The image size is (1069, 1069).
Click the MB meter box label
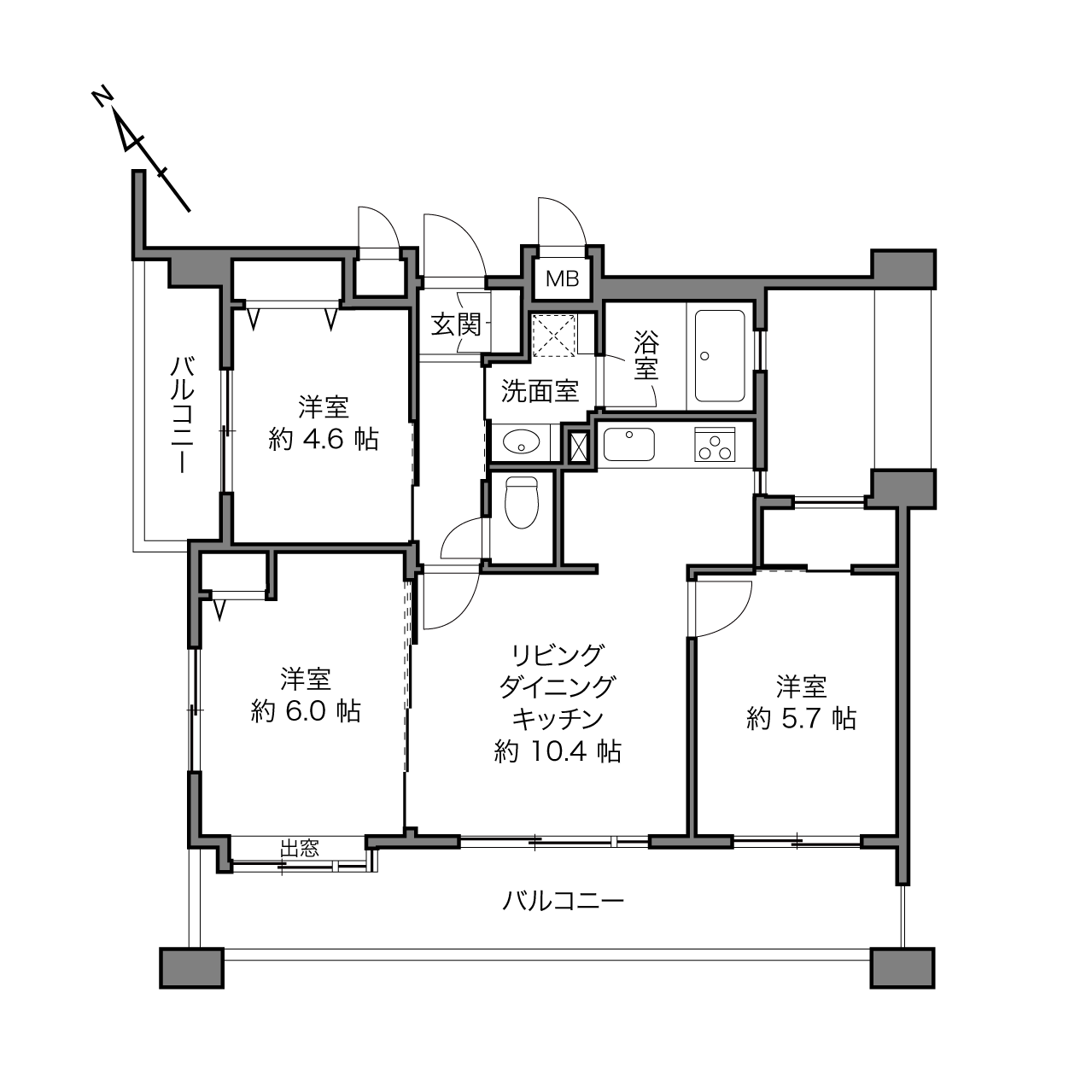tap(562, 278)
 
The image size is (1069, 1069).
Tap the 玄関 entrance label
tap(456, 324)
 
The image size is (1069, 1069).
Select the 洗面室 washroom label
tap(540, 391)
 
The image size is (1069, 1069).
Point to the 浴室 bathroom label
tap(646, 355)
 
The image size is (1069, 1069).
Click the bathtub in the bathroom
tap(720, 355)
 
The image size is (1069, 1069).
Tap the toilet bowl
tap(522, 501)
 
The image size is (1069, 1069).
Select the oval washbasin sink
tap(522, 442)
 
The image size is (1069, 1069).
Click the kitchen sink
tap(628, 444)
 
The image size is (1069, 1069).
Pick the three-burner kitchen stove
tap(715, 444)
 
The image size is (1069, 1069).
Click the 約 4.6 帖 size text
tap(324, 440)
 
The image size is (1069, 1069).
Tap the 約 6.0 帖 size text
tap(306, 712)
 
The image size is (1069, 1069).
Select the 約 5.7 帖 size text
tap(802, 719)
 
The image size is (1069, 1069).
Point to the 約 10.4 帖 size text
tap(558, 751)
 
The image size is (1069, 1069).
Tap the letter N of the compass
tap(102, 98)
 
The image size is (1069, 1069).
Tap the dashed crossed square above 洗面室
tap(554, 336)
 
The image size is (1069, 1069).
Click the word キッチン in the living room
tap(558, 720)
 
